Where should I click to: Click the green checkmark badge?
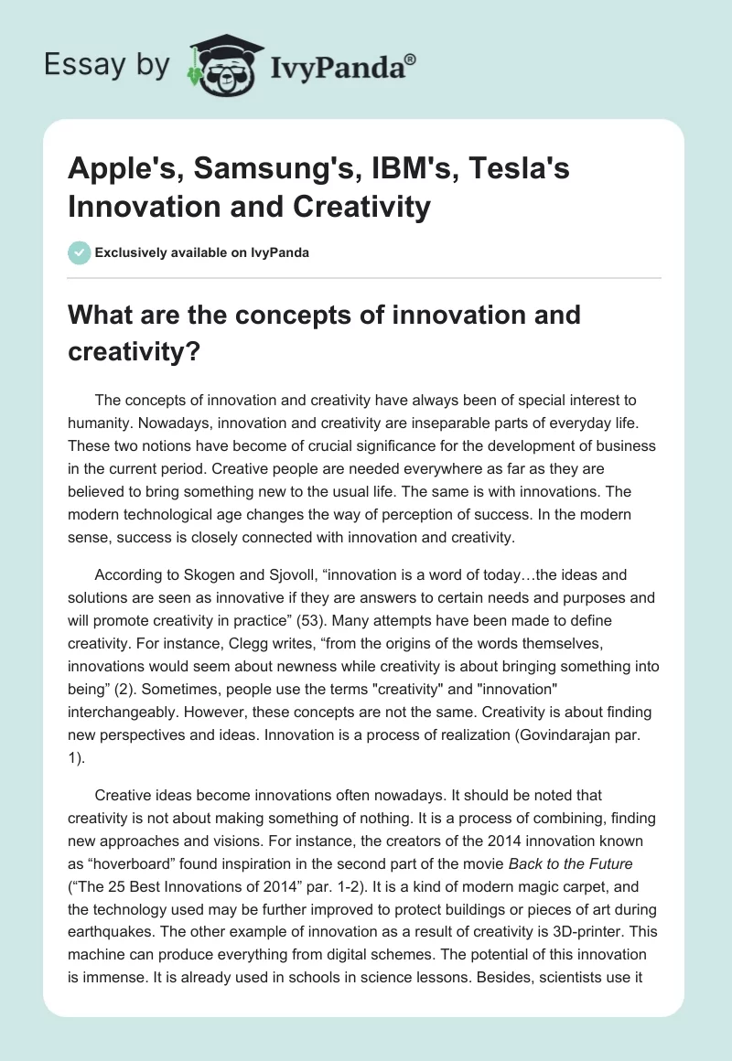click(x=80, y=252)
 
